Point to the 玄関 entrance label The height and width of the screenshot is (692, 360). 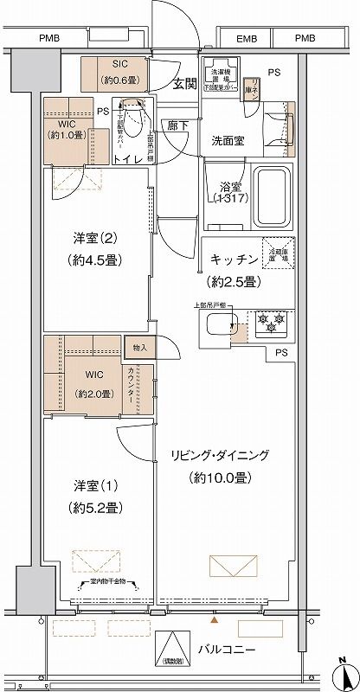[183, 83]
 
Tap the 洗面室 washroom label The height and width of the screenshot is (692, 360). [229, 140]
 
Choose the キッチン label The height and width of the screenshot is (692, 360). [233, 259]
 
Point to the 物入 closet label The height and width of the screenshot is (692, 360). [141, 348]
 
